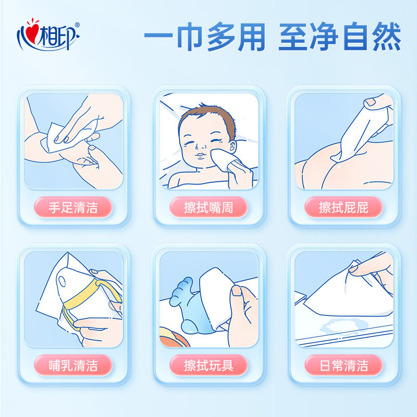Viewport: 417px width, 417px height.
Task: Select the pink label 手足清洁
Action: click(x=73, y=207)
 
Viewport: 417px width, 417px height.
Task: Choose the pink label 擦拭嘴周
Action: click(x=208, y=207)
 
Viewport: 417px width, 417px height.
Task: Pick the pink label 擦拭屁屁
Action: click(x=344, y=207)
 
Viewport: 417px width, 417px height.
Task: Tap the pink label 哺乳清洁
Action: click(x=73, y=365)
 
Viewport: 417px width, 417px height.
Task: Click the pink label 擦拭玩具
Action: click(x=208, y=365)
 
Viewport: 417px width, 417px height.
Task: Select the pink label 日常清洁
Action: click(x=344, y=365)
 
